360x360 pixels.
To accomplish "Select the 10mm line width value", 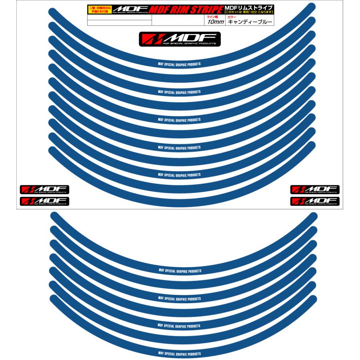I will coord(215,22).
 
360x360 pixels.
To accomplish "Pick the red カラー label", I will coord(232,17).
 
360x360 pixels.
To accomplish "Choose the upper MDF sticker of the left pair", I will coord(45,190).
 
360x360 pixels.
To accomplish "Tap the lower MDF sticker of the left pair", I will coord(45,201).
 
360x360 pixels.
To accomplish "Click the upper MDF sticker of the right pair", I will coord(315,190).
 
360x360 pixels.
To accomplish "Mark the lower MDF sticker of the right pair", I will coord(315,201).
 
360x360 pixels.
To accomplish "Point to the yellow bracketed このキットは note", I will coord(249,12).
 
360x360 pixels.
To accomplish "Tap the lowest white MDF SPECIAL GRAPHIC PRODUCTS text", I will coord(180,354).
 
